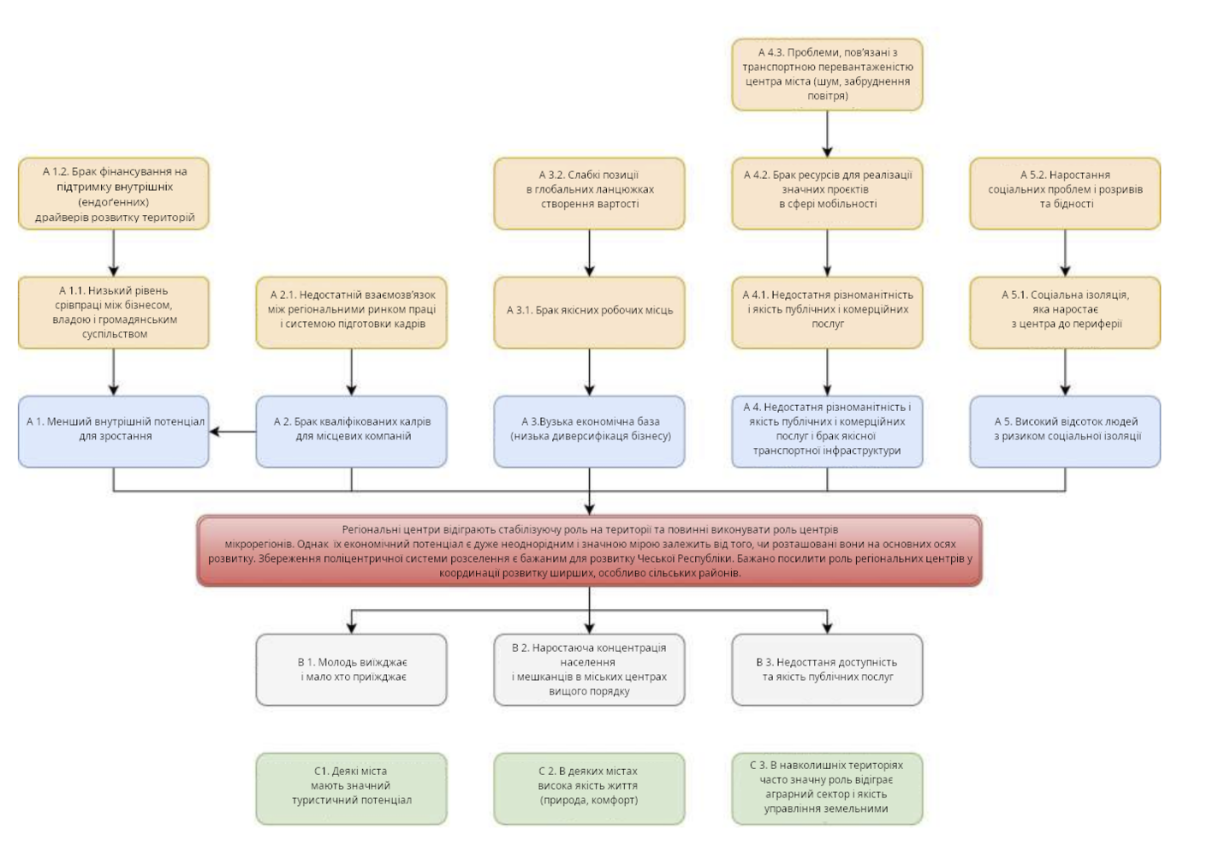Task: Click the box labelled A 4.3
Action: [x=827, y=75]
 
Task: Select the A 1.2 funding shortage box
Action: [x=114, y=194]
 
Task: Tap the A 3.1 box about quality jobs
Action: [x=589, y=312]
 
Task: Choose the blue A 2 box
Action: [x=351, y=431]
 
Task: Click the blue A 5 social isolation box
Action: [x=1065, y=431]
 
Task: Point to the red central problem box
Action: [x=589, y=551]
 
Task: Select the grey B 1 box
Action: [x=351, y=670]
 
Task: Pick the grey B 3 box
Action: [x=827, y=670]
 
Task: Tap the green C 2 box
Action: [x=589, y=788]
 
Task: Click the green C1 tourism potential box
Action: [x=351, y=788]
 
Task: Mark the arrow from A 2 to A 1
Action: [x=233, y=432]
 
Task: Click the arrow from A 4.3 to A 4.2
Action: [x=827, y=134]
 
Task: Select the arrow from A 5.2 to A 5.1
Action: [x=1065, y=253]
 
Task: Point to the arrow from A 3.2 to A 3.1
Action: [x=589, y=253]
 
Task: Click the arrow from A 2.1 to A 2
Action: [x=351, y=372]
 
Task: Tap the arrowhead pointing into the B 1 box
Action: [x=351, y=627]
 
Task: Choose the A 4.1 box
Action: [x=827, y=312]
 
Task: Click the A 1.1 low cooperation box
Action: [x=114, y=312]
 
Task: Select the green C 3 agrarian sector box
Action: [x=827, y=788]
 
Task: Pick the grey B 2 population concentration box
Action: [x=589, y=670]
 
